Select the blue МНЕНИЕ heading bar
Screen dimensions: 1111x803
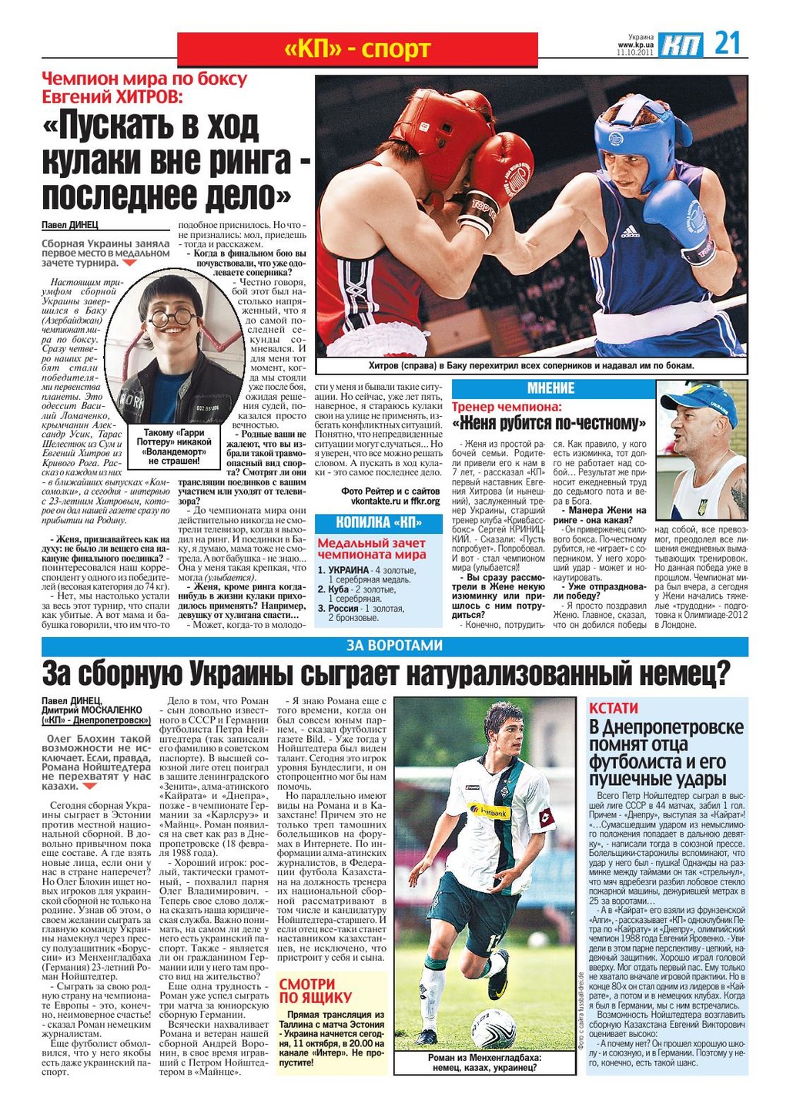(x=550, y=388)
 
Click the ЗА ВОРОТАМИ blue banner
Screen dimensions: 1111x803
(x=394, y=646)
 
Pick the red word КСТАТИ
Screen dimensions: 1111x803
(x=614, y=707)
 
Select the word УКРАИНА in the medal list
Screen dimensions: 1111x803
(x=349, y=570)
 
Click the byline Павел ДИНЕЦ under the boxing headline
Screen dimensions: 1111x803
(x=70, y=225)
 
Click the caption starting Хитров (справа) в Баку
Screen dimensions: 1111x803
(x=531, y=365)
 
